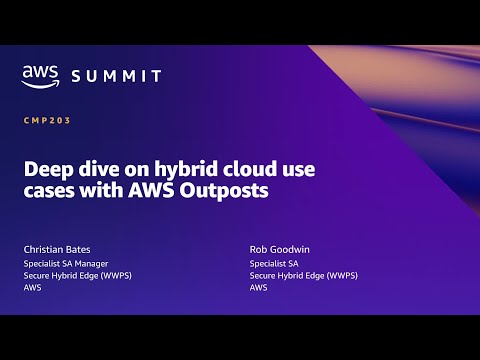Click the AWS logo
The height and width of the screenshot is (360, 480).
tap(40, 76)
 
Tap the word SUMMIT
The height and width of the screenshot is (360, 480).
tap(116, 77)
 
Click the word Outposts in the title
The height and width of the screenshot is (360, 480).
tap(230, 191)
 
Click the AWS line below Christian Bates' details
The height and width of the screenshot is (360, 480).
tap(31, 287)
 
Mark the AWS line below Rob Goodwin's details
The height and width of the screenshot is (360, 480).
tap(257, 287)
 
